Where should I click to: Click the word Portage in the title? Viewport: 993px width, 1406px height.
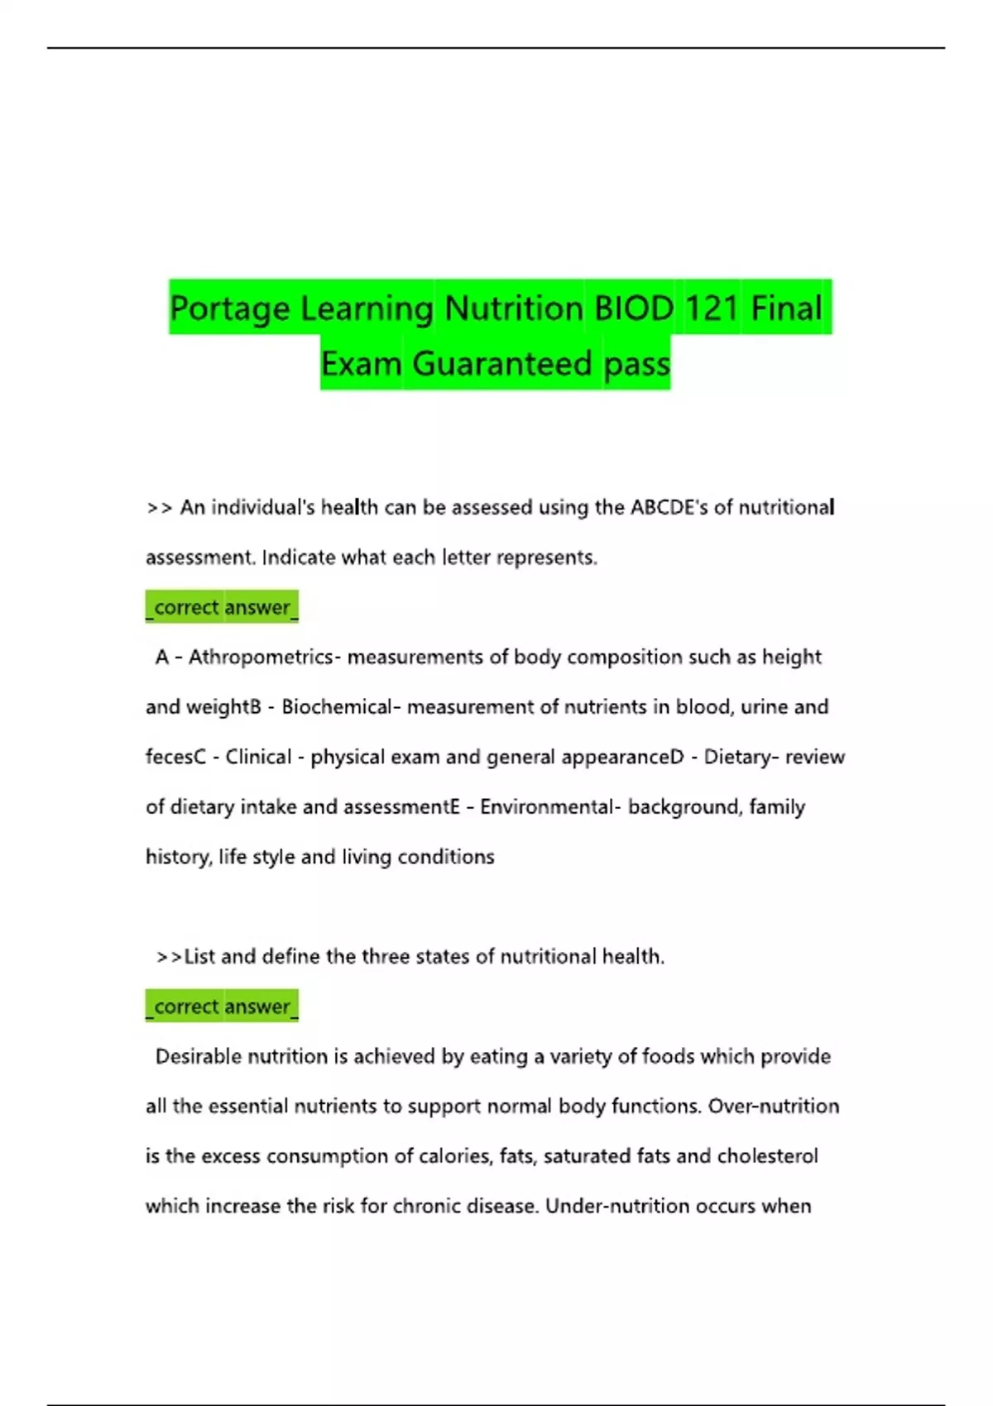229,308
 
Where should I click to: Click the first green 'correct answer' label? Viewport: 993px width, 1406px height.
222,607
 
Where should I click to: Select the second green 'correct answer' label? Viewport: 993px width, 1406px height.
222,1007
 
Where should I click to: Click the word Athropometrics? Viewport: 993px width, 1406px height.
261,657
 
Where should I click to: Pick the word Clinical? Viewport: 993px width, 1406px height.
258,757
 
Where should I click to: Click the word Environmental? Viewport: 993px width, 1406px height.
547,806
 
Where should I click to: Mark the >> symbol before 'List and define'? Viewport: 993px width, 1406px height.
169,957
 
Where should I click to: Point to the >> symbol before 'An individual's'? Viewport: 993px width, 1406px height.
159,508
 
